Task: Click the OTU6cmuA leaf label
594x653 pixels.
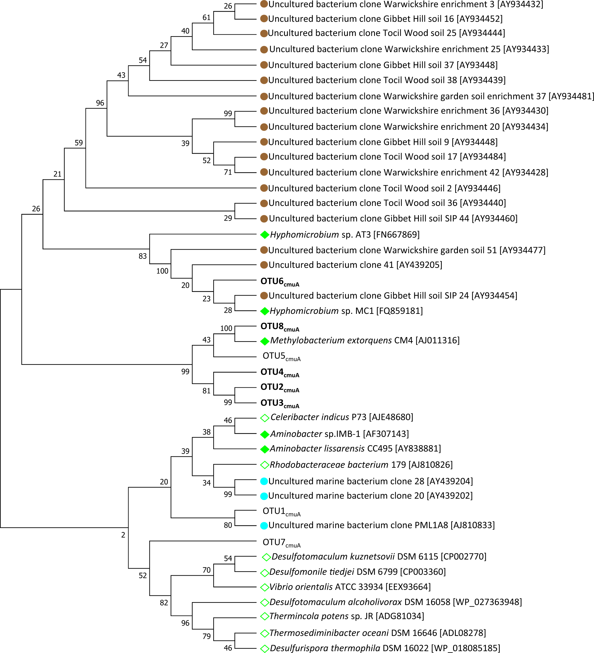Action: coord(279,282)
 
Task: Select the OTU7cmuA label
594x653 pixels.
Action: coord(281,543)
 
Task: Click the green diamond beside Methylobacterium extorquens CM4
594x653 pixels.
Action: coord(265,341)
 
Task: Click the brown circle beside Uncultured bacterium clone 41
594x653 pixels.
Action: coord(264,265)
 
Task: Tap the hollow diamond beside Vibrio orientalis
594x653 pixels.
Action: coord(265,587)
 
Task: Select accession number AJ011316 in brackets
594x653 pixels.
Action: coord(437,340)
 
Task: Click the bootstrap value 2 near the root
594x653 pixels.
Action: coord(123,535)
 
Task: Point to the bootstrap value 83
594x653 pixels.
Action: coord(143,256)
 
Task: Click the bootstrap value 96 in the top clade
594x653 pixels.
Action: coord(100,103)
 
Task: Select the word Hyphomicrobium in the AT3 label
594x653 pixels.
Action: coord(304,235)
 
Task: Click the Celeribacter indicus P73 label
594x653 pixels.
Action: coord(341,417)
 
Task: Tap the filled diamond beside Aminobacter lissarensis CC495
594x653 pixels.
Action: coord(265,449)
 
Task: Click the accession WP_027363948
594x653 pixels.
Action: coord(487,602)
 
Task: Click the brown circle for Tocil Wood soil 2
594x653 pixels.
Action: coord(264,188)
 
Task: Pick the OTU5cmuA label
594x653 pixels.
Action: coord(281,356)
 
